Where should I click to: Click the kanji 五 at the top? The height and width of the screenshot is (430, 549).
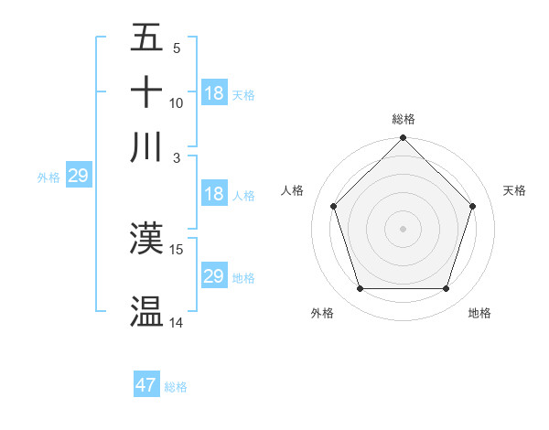(x=147, y=39)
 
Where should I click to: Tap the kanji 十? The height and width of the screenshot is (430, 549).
(x=147, y=92)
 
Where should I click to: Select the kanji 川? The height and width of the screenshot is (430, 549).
(x=147, y=146)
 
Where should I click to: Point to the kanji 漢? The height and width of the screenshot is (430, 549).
(x=147, y=239)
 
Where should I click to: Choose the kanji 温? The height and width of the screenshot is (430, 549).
(x=147, y=311)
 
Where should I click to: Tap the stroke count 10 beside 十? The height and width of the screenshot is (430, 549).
(x=177, y=103)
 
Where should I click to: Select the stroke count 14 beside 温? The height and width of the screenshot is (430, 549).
(x=177, y=322)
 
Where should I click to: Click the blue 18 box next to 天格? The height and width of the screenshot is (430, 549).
(x=214, y=93)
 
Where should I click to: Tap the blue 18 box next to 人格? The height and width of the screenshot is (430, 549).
(x=214, y=194)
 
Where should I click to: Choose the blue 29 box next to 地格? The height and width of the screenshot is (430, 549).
(x=214, y=276)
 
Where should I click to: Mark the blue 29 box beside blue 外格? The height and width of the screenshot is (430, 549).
(x=78, y=176)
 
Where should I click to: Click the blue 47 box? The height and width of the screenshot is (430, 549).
(x=146, y=385)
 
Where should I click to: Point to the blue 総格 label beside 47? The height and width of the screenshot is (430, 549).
(x=176, y=387)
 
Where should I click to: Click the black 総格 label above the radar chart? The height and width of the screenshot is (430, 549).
(x=404, y=119)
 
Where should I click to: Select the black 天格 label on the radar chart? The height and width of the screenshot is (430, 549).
(x=514, y=190)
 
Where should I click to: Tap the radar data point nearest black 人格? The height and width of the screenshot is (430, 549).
(x=334, y=206)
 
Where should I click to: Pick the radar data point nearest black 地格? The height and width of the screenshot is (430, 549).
(x=446, y=288)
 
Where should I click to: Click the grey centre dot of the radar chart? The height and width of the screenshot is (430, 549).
(x=404, y=228)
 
